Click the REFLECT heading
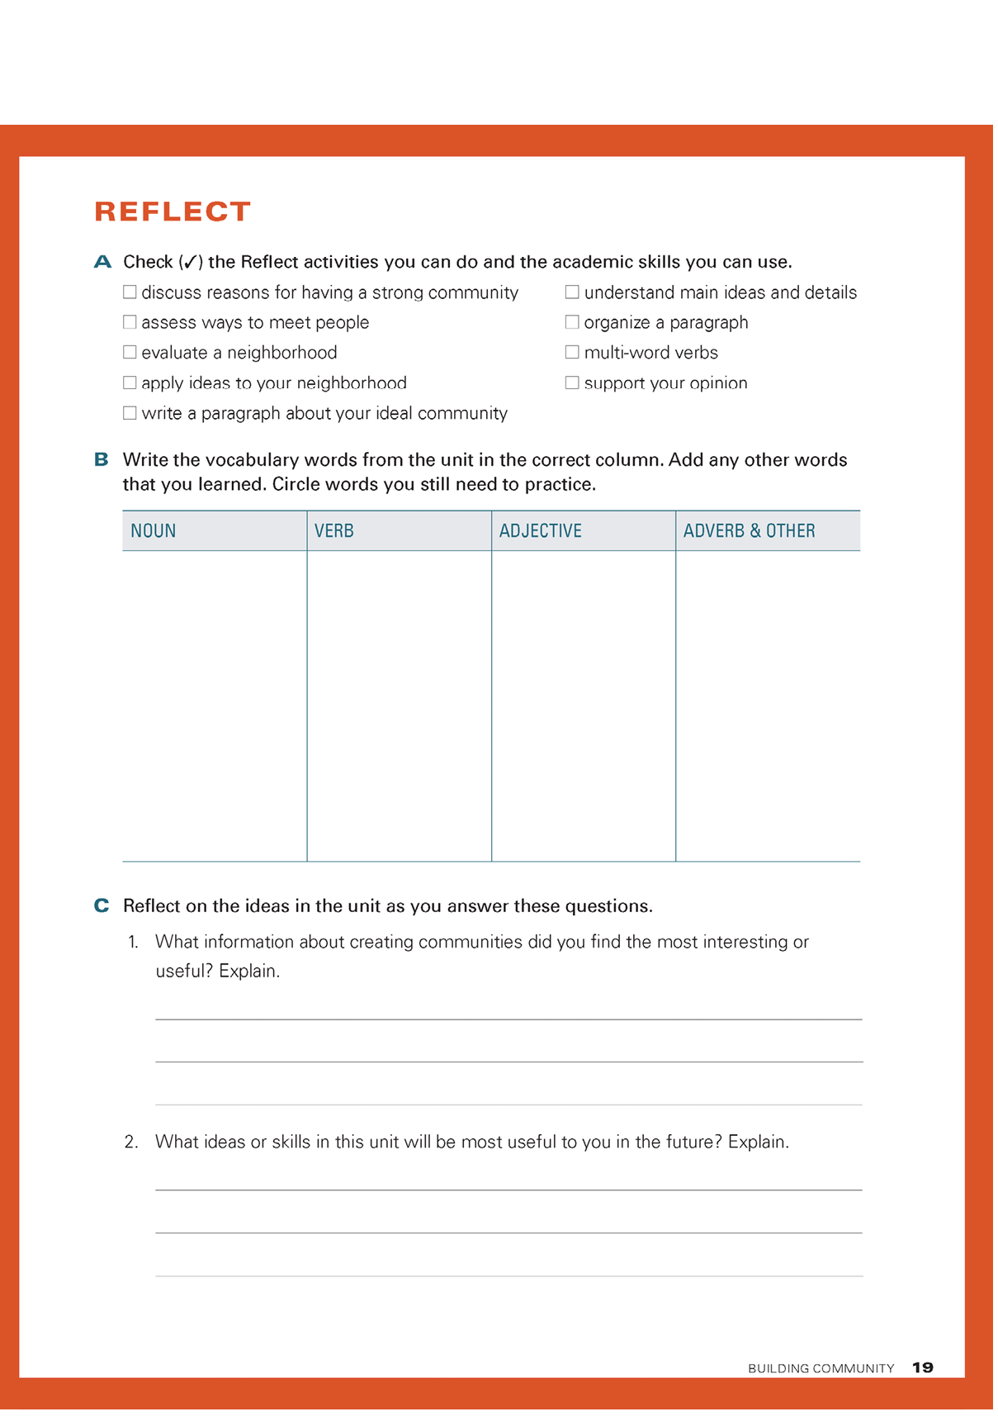pos(173,211)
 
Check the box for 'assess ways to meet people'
pos(130,322)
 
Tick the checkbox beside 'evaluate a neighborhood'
pos(130,353)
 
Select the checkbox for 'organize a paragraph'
pos(571,322)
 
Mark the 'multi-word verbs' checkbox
pos(571,353)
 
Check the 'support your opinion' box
pos(571,383)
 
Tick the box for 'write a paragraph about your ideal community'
pos(130,413)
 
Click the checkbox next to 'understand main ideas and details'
pos(571,292)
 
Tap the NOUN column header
pos(154,531)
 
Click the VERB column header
pos(334,531)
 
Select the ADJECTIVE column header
pos(540,531)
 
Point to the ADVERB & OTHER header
pos(749,531)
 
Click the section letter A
pos(102,263)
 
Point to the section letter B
pos(102,460)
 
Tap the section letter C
pos(102,906)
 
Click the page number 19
pos(923,1368)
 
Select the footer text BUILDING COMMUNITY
pos(821,1369)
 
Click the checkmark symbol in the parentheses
pos(191,263)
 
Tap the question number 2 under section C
pos(131,1143)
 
